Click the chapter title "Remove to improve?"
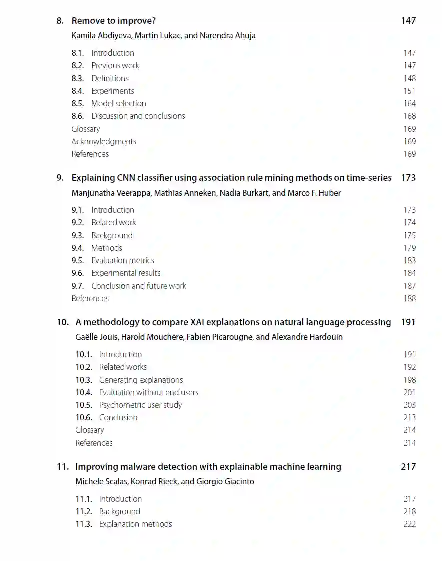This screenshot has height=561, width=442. pyautogui.click(x=114, y=21)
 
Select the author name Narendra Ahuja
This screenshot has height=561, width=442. pyautogui.click(x=228, y=36)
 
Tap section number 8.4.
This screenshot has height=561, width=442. pyautogui.click(x=78, y=91)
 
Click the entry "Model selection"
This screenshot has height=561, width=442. pyautogui.click(x=119, y=103)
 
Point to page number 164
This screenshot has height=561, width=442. pyautogui.click(x=409, y=103)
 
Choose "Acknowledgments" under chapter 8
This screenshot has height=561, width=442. pyautogui.click(x=104, y=141)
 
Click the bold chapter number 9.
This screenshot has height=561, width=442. pyautogui.click(x=60, y=178)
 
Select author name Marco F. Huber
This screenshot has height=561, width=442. pyautogui.click(x=314, y=193)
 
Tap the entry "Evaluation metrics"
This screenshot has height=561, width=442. pyautogui.click(x=123, y=260)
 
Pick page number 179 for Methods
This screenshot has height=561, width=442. pyautogui.click(x=409, y=248)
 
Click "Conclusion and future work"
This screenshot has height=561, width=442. pyautogui.click(x=139, y=286)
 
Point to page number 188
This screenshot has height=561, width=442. pyautogui.click(x=409, y=298)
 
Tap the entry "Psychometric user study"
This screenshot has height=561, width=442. pyautogui.click(x=140, y=405)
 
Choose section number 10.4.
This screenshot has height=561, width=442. pyautogui.click(x=84, y=392)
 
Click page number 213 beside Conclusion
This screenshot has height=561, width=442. pyautogui.click(x=409, y=417)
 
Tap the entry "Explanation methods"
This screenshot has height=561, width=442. pyautogui.click(x=135, y=524)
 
